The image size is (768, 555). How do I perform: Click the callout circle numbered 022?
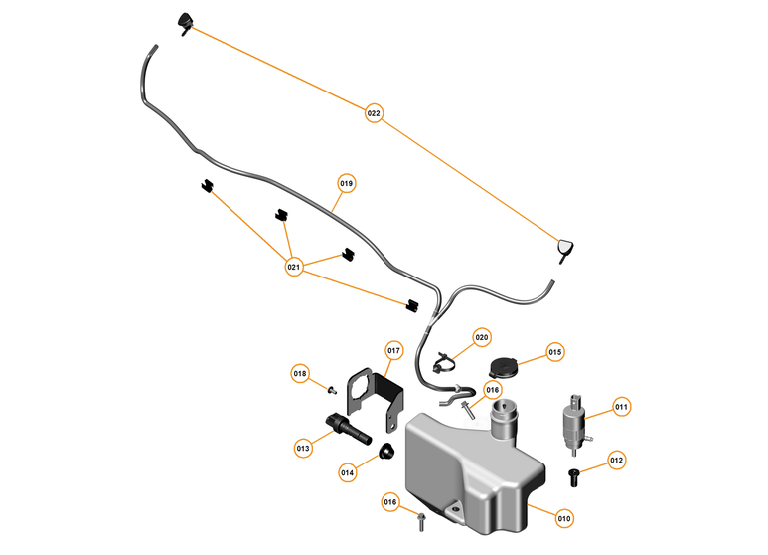[x=374, y=113]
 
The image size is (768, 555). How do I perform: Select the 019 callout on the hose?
[x=347, y=183]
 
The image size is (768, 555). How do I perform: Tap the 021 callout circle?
[x=293, y=267]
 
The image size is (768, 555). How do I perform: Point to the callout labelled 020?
[x=482, y=337]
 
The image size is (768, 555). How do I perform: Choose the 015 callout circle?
[x=555, y=352]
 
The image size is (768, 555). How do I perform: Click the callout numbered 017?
[x=393, y=350]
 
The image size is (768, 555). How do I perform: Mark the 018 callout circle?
[x=300, y=373]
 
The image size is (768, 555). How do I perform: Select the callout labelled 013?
[x=304, y=449]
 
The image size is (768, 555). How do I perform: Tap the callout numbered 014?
[x=348, y=472]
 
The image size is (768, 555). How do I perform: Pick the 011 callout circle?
[x=621, y=406]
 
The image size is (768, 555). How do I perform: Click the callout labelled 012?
[x=616, y=461]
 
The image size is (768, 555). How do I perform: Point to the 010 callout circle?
[x=564, y=517]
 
